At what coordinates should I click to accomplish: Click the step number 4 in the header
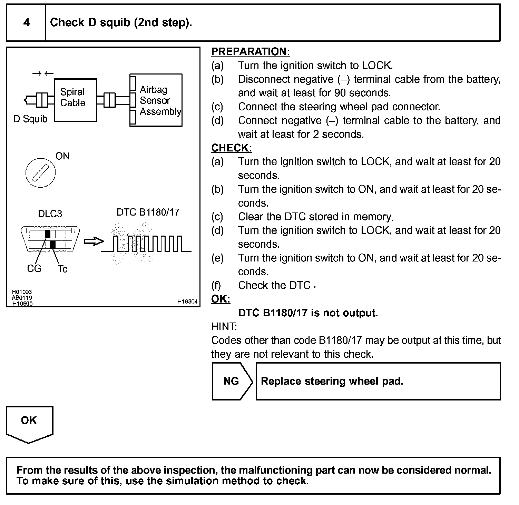[26, 23]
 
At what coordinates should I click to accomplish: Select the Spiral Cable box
[75, 100]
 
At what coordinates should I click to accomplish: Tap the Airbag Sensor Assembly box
[156, 100]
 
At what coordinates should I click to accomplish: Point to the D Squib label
[30, 119]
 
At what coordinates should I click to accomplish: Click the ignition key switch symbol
[40, 172]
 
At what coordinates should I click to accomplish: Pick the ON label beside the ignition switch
[62, 156]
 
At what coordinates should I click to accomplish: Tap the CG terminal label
[34, 268]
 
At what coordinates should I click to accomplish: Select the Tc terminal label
[62, 269]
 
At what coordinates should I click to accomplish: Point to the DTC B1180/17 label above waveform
[148, 212]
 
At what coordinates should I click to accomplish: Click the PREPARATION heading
[251, 52]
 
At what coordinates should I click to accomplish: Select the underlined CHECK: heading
[232, 148]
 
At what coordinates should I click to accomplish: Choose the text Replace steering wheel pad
[332, 381]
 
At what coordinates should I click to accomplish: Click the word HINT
[224, 326]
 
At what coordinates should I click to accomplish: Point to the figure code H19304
[187, 301]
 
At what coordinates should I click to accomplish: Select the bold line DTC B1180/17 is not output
[308, 313]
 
